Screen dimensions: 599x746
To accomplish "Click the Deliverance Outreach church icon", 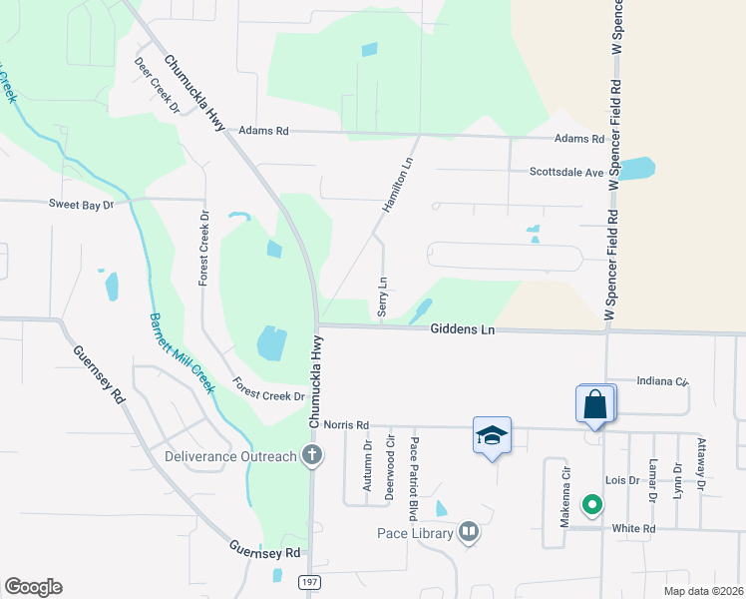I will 312,456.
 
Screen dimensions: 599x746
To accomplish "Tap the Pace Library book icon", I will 469,533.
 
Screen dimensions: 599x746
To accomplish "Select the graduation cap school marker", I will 491,435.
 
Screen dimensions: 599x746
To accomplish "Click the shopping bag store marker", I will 595,405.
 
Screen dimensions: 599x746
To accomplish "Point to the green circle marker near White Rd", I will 591,505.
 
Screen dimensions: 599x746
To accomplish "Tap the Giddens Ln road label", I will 463,329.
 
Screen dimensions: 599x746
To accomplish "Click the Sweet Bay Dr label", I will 83,204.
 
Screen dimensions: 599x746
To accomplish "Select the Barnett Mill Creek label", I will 182,353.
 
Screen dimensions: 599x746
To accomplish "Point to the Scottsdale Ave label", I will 566,172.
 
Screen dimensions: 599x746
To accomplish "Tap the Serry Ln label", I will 383,297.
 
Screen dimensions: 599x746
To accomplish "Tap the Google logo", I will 33,587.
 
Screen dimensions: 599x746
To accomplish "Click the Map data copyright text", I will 703,591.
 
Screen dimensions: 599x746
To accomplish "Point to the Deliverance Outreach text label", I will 231,457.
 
